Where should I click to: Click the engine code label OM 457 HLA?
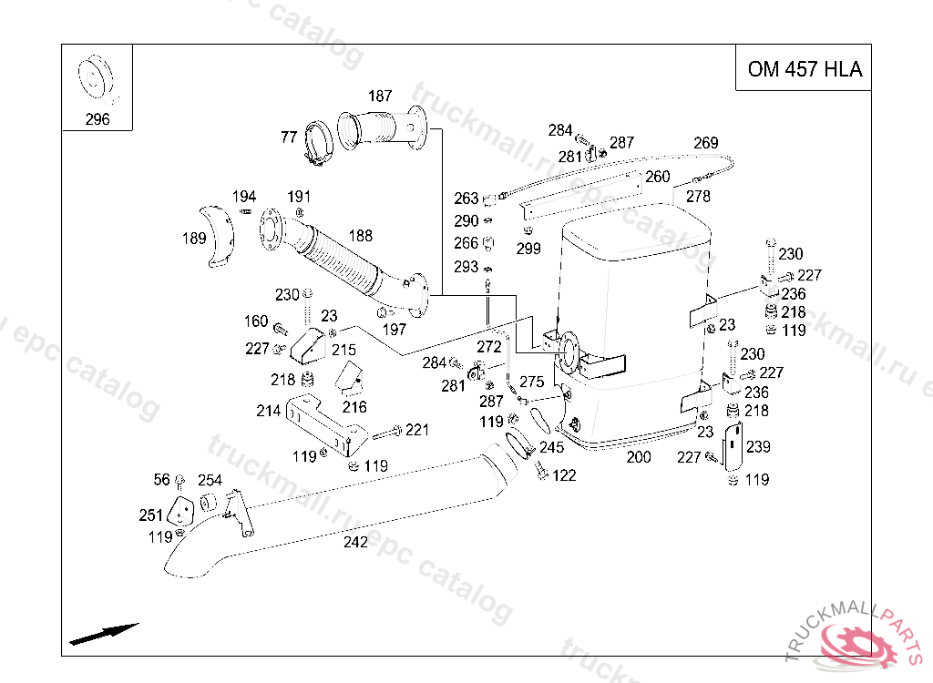point(804,69)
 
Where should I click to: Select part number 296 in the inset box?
point(97,119)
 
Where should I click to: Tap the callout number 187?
point(380,97)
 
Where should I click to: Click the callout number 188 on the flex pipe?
point(360,236)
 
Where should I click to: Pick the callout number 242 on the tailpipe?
point(355,542)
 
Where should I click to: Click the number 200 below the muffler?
point(639,457)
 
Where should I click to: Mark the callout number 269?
point(705,143)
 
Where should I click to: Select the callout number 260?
point(658,177)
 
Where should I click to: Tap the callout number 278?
point(698,196)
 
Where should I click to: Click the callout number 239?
point(758,447)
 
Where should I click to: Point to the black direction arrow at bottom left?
point(104,633)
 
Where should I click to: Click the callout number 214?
point(268,411)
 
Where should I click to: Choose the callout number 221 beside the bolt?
point(417,430)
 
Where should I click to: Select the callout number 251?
point(150,515)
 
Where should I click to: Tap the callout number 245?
point(551,447)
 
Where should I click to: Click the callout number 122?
point(564,475)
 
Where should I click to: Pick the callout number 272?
point(489,347)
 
